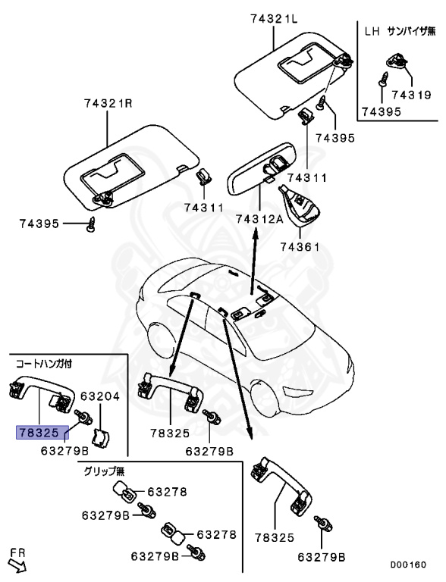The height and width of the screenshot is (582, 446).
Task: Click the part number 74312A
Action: tap(259, 218)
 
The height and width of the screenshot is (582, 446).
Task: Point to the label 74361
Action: tap(301, 246)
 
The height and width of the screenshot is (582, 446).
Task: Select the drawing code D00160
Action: tap(408, 565)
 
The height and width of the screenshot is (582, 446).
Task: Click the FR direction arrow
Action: tap(16, 562)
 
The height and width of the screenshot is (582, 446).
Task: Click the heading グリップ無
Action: tap(103, 470)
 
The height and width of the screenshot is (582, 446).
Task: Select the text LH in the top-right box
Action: tap(372, 33)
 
